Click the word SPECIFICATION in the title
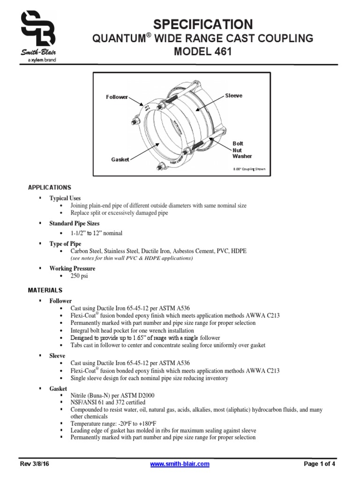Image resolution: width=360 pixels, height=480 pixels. (x=203, y=24)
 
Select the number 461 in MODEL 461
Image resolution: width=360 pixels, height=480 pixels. (x=222, y=52)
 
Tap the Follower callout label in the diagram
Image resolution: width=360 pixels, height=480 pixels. (x=117, y=97)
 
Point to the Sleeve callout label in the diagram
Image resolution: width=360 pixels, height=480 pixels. (x=234, y=95)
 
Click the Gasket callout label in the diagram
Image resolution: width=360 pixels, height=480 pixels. (x=120, y=159)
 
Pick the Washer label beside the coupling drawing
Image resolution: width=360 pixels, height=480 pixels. (x=242, y=156)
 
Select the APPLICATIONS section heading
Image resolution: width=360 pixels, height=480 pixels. (x=50, y=187)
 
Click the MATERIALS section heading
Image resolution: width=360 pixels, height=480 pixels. (x=45, y=290)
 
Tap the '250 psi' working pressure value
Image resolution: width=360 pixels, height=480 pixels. (x=79, y=276)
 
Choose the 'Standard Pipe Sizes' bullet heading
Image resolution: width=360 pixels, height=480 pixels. (x=74, y=223)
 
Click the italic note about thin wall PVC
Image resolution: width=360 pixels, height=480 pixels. (x=131, y=258)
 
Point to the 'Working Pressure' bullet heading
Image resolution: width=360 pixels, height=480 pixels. (x=72, y=269)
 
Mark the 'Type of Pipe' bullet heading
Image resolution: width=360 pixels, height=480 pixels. (x=65, y=244)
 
